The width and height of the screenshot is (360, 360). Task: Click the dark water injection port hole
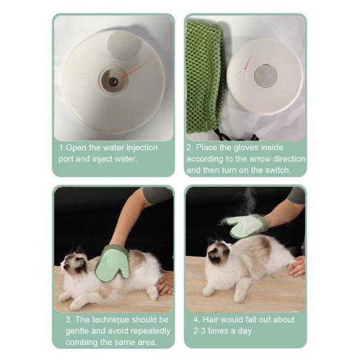coord(114,81)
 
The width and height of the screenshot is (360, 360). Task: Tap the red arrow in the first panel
coord(137,69)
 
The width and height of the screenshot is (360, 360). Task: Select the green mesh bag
coord(205,78)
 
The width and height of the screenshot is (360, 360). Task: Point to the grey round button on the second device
coord(265,76)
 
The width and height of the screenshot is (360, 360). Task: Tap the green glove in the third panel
coord(113,263)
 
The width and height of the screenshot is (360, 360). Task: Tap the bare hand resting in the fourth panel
coord(297,267)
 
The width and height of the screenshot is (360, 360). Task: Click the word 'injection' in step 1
coord(142,148)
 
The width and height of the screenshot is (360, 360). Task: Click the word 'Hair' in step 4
coord(210,319)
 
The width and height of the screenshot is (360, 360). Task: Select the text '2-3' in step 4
coord(199,331)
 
